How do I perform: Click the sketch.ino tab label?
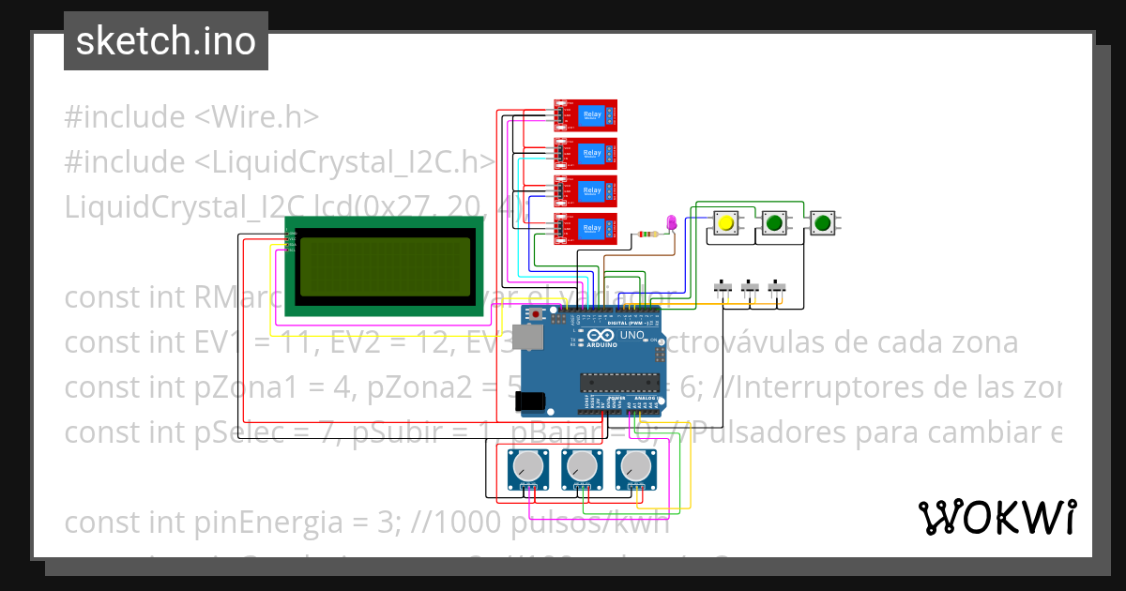[x=166, y=41]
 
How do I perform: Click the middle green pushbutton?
[x=773, y=223]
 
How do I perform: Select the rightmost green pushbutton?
[x=823, y=223]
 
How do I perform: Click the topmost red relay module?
[x=584, y=114]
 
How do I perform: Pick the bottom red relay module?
[x=584, y=229]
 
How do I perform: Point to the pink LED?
[x=671, y=222]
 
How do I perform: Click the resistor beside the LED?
[x=647, y=235]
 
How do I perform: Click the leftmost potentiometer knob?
[x=529, y=464]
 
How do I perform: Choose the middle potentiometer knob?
[x=583, y=464]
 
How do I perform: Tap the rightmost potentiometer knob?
[x=636, y=464]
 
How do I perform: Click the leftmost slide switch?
[x=723, y=287]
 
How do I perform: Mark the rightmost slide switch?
[x=777, y=287]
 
